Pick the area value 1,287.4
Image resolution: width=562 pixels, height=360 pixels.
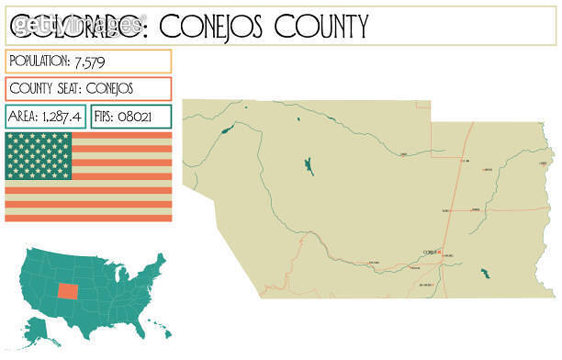60,117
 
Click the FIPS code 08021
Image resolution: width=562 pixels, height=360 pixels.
147,117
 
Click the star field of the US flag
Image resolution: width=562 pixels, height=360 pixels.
38,155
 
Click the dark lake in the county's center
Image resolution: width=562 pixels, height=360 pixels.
308,167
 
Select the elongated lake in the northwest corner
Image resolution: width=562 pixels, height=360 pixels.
226,129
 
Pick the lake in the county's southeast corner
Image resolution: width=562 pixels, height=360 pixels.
484,274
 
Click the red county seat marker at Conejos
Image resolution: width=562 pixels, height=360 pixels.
439,253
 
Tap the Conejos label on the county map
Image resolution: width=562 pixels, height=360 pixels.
428,253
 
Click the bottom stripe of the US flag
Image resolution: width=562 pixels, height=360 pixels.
88,218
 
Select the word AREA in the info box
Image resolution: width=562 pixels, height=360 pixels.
23,117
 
